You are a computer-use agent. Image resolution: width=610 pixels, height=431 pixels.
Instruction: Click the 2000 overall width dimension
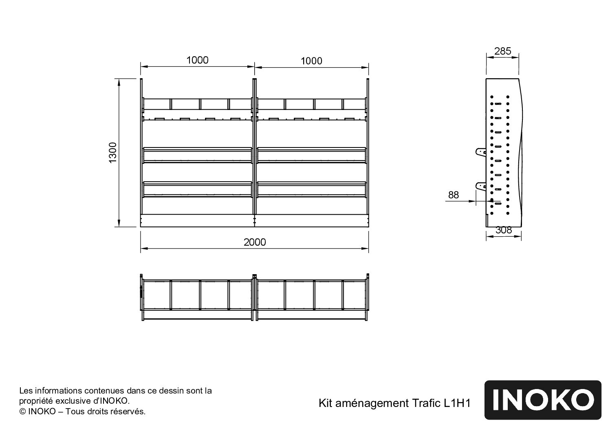[255, 242]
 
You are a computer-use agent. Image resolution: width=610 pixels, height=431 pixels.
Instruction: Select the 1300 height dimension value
[113, 152]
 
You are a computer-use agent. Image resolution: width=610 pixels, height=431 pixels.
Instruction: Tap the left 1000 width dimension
[197, 60]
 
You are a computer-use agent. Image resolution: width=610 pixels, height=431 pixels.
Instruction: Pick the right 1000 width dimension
[311, 61]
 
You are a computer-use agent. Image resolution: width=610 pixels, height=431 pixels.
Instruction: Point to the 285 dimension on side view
[502, 51]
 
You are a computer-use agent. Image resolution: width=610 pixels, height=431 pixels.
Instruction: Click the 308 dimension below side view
[503, 230]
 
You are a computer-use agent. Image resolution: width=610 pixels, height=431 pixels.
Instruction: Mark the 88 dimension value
[454, 195]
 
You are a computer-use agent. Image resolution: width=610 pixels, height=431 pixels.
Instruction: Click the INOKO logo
[543, 400]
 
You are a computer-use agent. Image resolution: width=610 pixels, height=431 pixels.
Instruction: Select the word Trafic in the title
[425, 403]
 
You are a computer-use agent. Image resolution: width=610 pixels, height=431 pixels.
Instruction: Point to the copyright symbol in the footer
[23, 411]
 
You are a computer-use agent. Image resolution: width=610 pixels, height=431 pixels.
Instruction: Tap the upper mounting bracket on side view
[481, 152]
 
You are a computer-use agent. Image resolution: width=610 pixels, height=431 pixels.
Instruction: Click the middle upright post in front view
[255, 147]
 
